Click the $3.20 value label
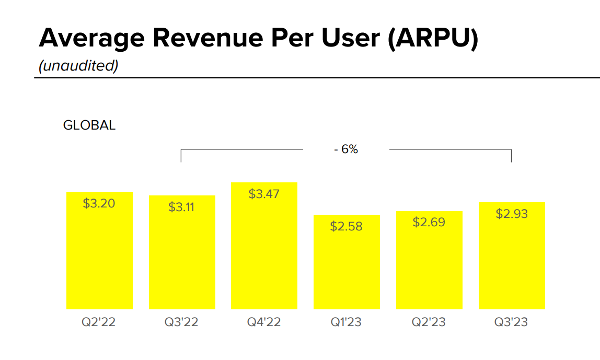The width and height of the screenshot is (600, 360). pyautogui.click(x=99, y=203)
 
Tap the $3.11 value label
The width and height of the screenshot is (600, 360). pyautogui.click(x=181, y=207)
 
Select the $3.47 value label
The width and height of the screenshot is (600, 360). pyautogui.click(x=264, y=194)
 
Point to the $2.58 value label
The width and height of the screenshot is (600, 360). pyautogui.click(x=346, y=226)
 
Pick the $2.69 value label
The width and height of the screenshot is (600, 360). pyautogui.click(x=429, y=222)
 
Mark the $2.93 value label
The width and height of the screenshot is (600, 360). pyautogui.click(x=511, y=214)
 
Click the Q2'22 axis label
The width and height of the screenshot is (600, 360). pyautogui.click(x=98, y=322)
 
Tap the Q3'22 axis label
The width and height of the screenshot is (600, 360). pyautogui.click(x=181, y=322)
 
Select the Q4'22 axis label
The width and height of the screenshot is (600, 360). pyautogui.click(x=264, y=322)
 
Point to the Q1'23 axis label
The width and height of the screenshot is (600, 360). pyautogui.click(x=346, y=322)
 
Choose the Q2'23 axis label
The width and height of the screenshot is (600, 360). pyautogui.click(x=429, y=322)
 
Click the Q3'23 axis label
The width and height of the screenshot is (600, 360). pyautogui.click(x=511, y=322)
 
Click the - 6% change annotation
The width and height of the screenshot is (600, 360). pyautogui.click(x=346, y=149)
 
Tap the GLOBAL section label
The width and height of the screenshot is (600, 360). pyautogui.click(x=89, y=125)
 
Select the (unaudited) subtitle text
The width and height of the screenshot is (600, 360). pyautogui.click(x=78, y=65)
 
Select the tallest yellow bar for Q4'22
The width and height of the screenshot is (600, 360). pyautogui.click(x=264, y=251)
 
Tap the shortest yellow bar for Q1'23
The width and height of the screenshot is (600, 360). pyautogui.click(x=346, y=266)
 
